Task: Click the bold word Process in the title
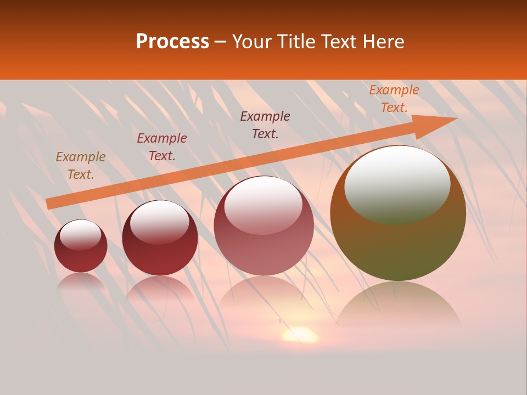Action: click(172, 42)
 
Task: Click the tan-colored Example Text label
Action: click(81, 166)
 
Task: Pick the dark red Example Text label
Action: click(162, 147)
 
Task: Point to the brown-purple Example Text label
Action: click(265, 125)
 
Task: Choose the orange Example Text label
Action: click(394, 99)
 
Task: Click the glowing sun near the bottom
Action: click(300, 334)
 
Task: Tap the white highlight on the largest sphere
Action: click(397, 184)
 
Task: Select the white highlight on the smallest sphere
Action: click(81, 234)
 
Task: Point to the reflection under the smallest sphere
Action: click(81, 281)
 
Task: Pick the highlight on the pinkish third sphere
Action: click(263, 204)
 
